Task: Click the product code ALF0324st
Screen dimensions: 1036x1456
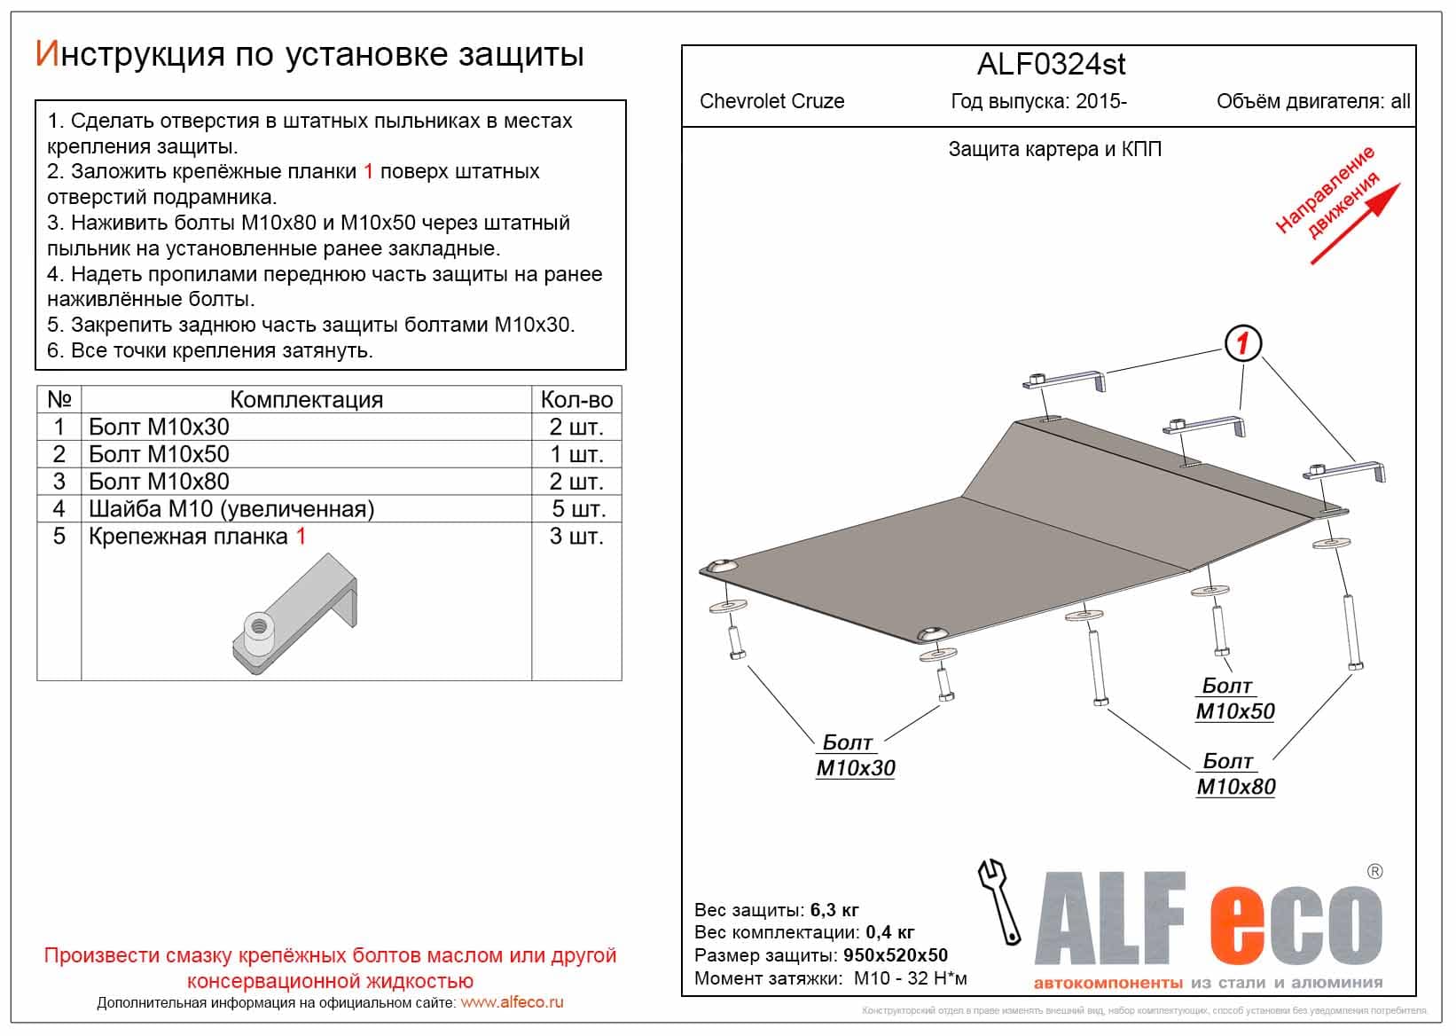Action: coord(1051,65)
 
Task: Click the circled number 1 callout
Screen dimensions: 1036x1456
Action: coord(1242,343)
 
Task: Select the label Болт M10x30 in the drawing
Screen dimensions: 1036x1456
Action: coord(855,756)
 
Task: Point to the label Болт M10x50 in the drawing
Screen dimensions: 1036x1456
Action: coord(1234,699)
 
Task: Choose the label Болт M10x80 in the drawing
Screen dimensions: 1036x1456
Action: coord(1235,774)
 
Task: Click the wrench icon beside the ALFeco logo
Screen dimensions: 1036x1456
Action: coord(999,901)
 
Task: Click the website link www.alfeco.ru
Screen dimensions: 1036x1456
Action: coord(512,1002)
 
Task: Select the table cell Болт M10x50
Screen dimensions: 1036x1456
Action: coord(160,454)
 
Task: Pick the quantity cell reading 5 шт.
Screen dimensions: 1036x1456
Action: coord(577,509)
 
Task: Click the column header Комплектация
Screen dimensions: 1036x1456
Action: coord(306,400)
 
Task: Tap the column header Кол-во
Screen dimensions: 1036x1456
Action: coord(576,400)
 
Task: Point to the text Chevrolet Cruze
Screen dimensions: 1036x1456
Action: coord(771,101)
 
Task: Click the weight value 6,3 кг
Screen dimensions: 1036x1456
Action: coord(834,910)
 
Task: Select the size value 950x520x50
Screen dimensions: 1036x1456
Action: coord(895,955)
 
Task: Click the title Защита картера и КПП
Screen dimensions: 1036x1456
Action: coord(1054,149)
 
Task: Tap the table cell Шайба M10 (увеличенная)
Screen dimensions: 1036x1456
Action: coord(231,509)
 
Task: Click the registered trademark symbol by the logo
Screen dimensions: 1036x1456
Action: coord(1374,872)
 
